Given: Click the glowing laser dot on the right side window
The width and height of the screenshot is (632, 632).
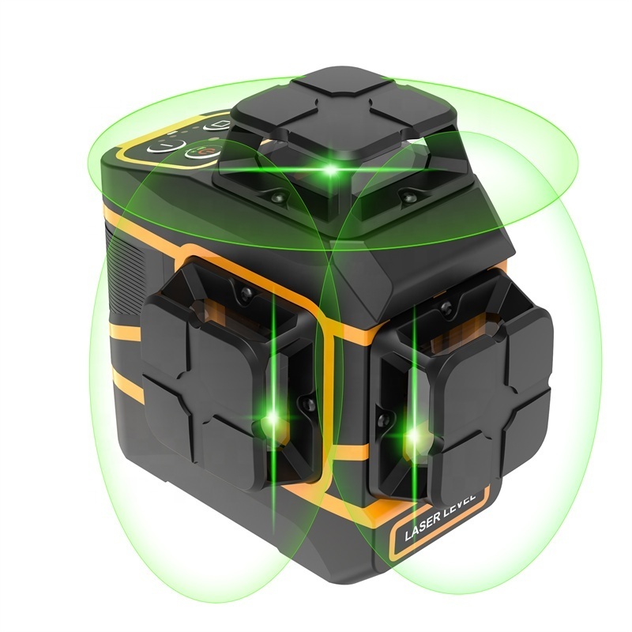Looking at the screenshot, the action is click(x=413, y=434).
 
